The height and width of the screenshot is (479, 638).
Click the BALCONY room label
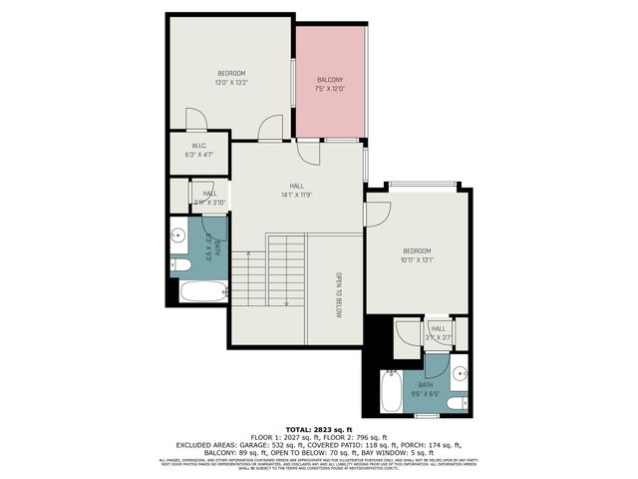330,80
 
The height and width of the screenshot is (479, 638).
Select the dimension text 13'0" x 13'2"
231,82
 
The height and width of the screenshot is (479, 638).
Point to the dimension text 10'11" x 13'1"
417,259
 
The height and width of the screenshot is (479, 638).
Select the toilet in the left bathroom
180,264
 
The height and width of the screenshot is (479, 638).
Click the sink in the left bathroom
178,236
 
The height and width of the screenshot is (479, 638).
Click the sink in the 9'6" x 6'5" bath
459,376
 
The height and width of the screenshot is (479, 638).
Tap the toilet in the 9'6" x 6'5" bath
456,403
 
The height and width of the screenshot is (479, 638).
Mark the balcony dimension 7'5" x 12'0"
330,89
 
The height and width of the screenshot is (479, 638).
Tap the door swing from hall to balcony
309,152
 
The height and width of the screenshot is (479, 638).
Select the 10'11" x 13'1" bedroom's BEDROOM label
417,250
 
